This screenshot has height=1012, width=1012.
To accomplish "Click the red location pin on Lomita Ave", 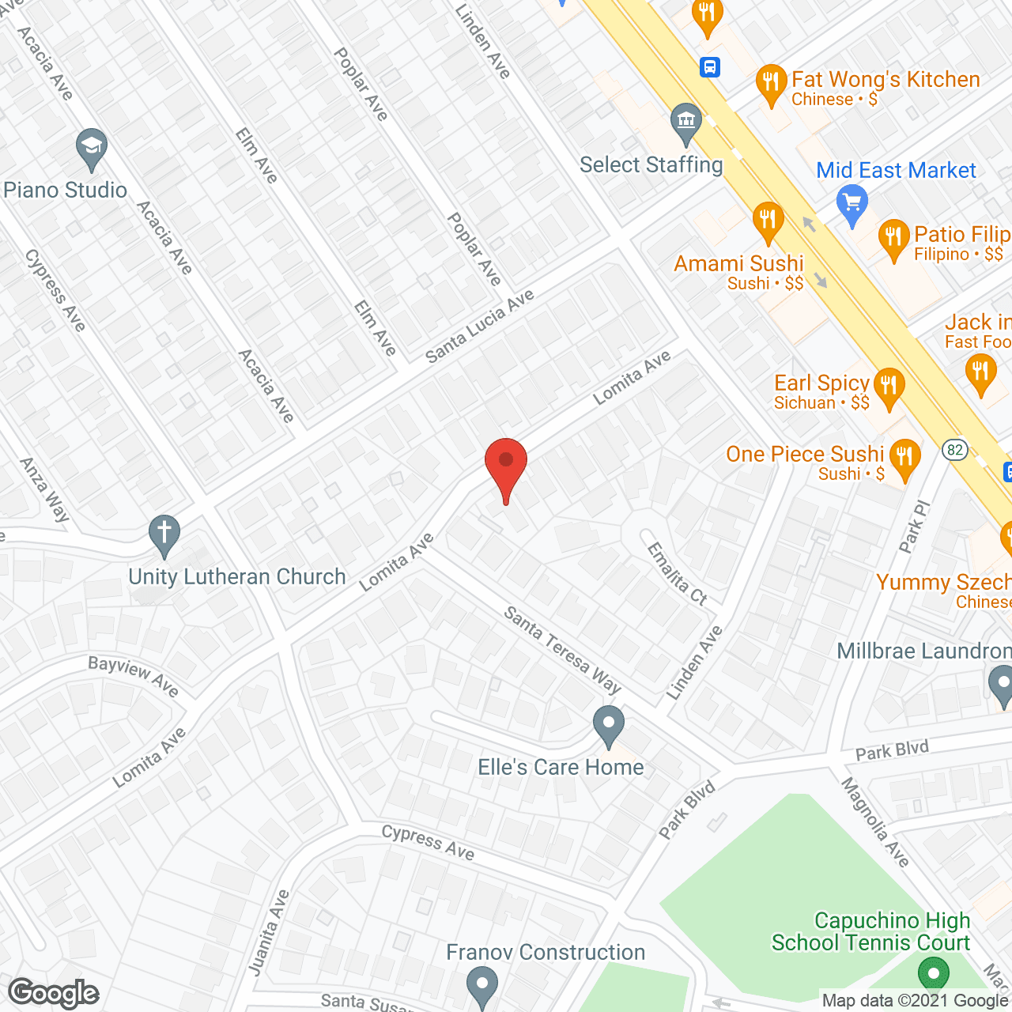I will pyautogui.click(x=506, y=466).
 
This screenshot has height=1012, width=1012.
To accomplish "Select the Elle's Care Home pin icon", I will pyautogui.click(x=609, y=725).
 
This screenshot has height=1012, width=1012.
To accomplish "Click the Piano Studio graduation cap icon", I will pyautogui.click(x=92, y=148).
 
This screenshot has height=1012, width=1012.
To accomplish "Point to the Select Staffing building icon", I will pyautogui.click(x=685, y=123).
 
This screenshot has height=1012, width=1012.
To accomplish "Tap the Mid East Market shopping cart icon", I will pyautogui.click(x=852, y=204).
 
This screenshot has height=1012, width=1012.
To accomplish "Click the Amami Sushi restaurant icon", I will pyautogui.click(x=767, y=221).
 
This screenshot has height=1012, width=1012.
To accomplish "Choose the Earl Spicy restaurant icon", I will pyautogui.click(x=889, y=387).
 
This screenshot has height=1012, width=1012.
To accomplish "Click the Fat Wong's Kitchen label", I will pyautogui.click(x=885, y=80).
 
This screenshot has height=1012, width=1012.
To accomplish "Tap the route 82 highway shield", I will pyautogui.click(x=955, y=450).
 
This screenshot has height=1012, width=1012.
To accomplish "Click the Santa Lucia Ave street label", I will pyautogui.click(x=480, y=327).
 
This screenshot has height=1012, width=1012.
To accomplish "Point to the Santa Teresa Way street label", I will pyautogui.click(x=562, y=650).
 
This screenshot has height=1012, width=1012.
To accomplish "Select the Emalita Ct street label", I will pyautogui.click(x=677, y=574).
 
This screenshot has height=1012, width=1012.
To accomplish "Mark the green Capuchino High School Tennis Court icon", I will pyautogui.click(x=933, y=972).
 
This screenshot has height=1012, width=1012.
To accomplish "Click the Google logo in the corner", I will pyautogui.click(x=54, y=993).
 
